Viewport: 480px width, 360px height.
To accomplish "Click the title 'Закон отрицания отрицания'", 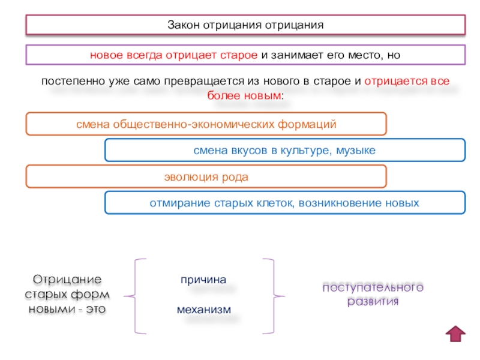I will pos(245,26).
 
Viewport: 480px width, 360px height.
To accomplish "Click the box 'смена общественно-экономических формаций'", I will pos(206,124).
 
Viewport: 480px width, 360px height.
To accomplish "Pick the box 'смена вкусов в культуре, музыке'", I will pos(284,150).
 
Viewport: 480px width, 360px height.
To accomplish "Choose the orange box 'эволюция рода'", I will pos(206,177).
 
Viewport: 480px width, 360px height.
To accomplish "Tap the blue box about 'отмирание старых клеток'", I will pos(284,203).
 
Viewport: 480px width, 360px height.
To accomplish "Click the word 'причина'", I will pos(203,280).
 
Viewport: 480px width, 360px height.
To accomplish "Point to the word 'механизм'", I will pos(203,310).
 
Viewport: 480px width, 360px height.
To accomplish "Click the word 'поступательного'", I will pos(373,287).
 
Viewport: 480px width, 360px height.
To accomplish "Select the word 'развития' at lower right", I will pos(373,301).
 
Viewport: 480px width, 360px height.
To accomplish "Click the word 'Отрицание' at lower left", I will pos(67,280).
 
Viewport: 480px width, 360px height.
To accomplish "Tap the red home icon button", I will pos(457,333).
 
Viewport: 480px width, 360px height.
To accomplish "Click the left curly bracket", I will pos(137,295).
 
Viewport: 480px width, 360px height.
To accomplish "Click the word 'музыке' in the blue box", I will pos(355,150).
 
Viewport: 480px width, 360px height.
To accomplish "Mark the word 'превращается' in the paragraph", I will pos(191,81).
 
